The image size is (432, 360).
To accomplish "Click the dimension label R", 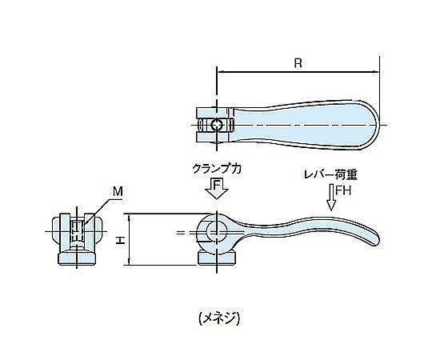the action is click(298, 63).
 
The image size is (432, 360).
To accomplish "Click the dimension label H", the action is click(120, 240).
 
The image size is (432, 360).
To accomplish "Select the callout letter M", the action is click(118, 191).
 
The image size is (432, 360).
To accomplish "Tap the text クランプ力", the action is click(217, 169).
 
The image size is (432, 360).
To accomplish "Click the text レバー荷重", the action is click(330, 175).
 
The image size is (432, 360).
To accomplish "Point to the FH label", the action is click(343, 190).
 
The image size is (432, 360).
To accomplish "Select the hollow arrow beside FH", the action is click(331, 198).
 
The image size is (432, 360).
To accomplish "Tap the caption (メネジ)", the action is click(219, 318).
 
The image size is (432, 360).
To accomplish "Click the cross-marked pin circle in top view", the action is click(217, 126).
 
